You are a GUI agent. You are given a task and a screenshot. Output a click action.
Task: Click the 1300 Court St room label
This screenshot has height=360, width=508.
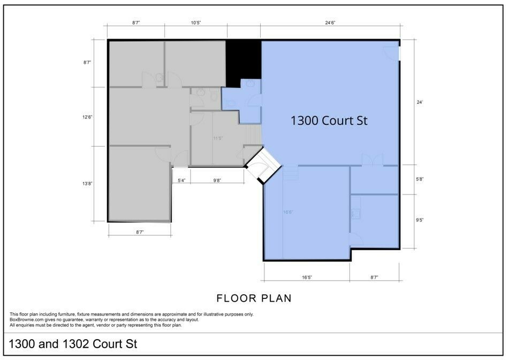[x=329, y=121]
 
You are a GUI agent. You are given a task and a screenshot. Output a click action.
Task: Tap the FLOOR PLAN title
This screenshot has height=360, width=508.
[x=254, y=298]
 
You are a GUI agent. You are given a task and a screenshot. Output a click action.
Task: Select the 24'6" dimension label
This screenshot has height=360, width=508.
[x=330, y=22]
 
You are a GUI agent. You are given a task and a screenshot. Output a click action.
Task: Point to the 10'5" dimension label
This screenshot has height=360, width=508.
[x=196, y=22]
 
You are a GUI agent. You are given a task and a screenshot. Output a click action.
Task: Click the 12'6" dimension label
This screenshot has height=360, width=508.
[x=87, y=117]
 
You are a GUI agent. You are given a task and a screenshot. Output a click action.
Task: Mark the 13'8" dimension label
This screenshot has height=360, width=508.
[x=87, y=184]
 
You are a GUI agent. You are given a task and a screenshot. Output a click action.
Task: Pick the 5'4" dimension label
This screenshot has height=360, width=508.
[x=181, y=181]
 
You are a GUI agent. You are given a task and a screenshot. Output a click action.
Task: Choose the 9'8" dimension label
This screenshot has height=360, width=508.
[x=217, y=181]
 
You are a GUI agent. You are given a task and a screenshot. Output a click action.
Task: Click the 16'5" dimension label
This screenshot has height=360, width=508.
[x=307, y=277]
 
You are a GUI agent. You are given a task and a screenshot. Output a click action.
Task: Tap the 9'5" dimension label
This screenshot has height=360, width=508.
[x=420, y=220]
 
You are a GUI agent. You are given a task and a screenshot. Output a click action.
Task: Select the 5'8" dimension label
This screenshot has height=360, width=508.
[x=420, y=179]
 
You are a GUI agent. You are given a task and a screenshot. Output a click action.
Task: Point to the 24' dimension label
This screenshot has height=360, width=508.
[x=420, y=102]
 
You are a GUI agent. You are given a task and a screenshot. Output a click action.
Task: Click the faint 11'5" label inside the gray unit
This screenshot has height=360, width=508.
[x=218, y=139]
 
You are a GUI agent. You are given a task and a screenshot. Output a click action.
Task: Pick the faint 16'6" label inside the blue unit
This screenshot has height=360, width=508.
[x=288, y=213]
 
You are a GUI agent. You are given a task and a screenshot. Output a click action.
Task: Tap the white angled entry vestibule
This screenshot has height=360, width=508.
[x=263, y=166]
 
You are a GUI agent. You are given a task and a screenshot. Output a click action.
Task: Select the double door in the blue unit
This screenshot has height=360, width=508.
[x=372, y=160]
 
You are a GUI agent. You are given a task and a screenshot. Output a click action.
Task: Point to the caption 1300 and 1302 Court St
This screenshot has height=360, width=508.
[x=73, y=344]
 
